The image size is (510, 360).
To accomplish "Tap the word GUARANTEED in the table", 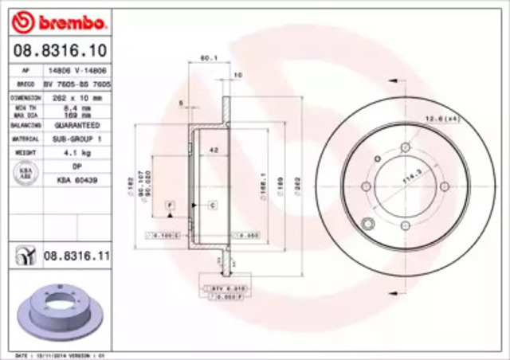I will coord(76,125).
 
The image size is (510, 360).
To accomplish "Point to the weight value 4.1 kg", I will coord(76,151).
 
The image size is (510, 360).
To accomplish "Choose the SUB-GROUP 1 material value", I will coord(76,138).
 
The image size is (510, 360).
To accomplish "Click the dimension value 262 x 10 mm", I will coord(76,96).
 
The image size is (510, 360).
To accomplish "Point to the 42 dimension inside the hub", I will coord(214,149).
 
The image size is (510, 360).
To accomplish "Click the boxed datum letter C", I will coord(214,205).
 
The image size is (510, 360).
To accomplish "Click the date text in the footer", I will coord(52,354).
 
